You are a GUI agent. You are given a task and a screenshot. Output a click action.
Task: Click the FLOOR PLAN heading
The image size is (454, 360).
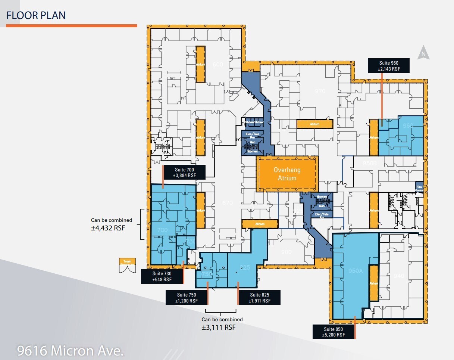tap(36, 15)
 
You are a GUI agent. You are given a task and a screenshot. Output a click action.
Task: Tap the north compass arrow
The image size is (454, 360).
tap(423, 53)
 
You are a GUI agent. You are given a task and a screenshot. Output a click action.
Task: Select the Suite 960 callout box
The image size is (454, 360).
tap(388, 66)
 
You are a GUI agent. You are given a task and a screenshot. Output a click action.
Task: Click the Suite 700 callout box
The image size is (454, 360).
tap(184, 173)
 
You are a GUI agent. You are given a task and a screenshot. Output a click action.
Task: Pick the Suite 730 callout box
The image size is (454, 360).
tap(162, 277)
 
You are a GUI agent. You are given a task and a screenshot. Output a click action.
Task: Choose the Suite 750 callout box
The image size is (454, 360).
tap(186, 298)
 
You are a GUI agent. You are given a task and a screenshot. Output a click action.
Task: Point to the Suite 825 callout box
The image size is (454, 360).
tap(260, 298)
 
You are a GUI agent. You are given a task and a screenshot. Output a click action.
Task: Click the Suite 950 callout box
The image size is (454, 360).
tap(334, 332)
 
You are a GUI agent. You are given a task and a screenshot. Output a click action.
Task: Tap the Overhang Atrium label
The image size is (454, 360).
tap(287, 174)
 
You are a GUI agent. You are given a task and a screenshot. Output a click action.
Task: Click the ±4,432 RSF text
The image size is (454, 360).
tap(107, 227)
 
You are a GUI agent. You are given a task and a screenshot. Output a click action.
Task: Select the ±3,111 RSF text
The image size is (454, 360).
tap(219, 327)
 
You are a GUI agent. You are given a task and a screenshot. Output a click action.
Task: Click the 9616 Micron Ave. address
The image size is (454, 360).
tap(71, 351)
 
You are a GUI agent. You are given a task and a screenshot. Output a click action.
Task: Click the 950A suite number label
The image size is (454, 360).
tap(355, 271)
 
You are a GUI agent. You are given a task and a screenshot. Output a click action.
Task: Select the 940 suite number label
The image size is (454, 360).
tap(398, 276)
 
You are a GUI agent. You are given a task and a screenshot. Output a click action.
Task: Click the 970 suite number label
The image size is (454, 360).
tap(320, 91)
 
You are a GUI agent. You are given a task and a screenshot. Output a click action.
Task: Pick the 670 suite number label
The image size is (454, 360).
tap(227, 203)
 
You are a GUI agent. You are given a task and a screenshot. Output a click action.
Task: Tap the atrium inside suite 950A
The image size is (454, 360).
tap(374, 283)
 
